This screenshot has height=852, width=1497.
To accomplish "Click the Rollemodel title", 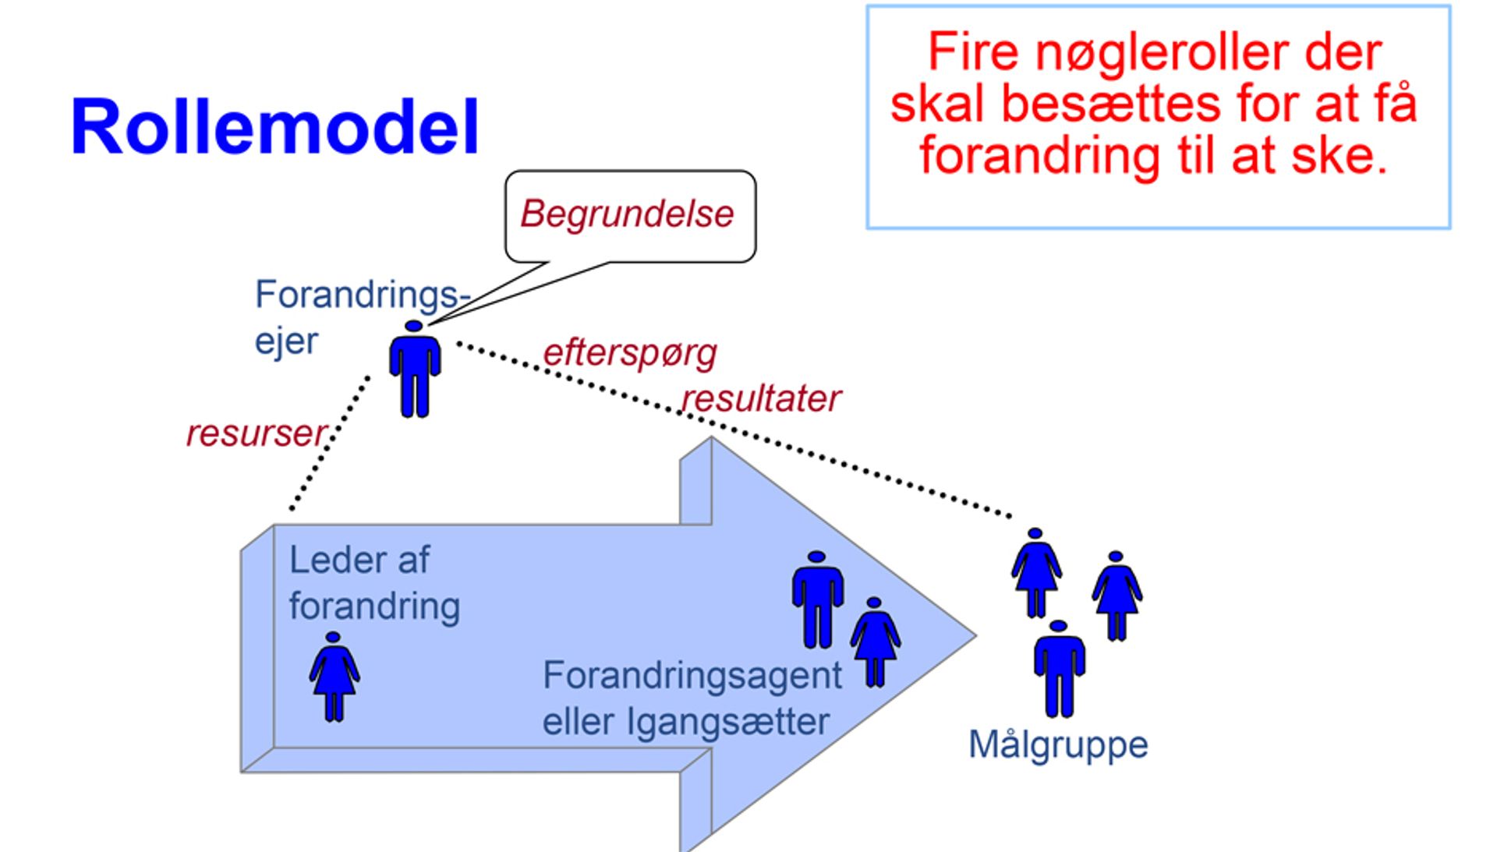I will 274,127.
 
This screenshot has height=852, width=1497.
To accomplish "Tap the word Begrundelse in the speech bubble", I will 627,214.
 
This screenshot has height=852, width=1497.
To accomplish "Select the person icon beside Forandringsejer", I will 415,369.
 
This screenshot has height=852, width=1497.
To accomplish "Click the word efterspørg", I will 629,353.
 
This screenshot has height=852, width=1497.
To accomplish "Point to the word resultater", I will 761,399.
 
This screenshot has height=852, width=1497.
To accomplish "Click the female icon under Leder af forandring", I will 334,677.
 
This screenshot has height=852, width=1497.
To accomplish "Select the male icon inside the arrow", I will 817,599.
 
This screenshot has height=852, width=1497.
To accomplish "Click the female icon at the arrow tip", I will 875,642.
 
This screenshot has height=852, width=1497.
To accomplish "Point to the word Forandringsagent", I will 692,675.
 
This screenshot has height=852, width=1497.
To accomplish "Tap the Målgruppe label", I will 1057,745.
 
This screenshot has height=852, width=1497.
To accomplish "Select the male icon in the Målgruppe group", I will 1058,669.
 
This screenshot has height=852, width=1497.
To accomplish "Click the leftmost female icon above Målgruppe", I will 1035,573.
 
